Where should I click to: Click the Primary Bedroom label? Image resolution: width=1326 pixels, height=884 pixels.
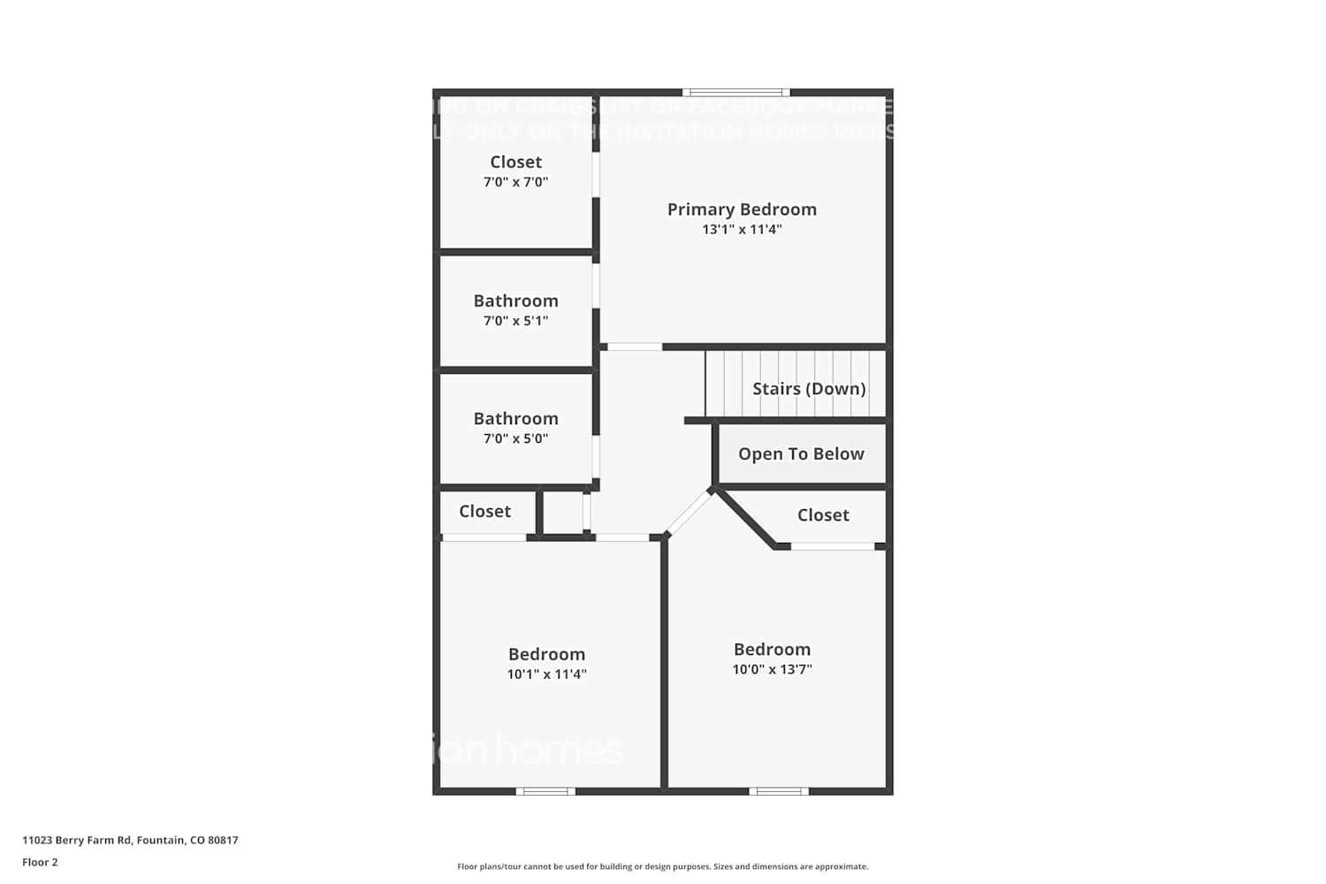click(x=742, y=210)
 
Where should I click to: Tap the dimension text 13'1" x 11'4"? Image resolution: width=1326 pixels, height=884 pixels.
click(x=742, y=230)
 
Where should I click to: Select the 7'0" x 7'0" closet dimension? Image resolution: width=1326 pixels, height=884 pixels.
click(x=515, y=182)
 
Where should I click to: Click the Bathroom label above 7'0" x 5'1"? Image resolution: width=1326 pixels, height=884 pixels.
click(x=515, y=301)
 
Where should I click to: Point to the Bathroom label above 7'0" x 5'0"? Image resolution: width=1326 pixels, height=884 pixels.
click(x=515, y=418)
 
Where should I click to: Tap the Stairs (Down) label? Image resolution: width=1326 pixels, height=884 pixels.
click(x=809, y=389)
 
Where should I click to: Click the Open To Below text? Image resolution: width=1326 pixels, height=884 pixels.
click(x=801, y=453)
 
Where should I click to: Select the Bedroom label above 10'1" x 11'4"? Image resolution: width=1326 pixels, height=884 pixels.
click(x=546, y=654)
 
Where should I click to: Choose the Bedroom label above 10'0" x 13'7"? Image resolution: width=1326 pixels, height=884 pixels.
click(x=772, y=649)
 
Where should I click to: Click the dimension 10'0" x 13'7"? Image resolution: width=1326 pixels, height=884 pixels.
click(x=772, y=669)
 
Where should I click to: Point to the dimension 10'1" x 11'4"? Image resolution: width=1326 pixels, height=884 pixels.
click(x=546, y=674)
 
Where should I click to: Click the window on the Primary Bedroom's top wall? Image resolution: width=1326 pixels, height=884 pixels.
click(x=735, y=92)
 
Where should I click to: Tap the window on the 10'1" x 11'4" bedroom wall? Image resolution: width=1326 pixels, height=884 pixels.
click(x=545, y=791)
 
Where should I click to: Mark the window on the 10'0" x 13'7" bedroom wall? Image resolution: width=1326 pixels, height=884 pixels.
click(x=778, y=791)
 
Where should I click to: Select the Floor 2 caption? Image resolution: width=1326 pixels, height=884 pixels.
click(x=40, y=862)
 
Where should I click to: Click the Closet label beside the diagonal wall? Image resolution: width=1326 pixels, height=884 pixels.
click(x=823, y=515)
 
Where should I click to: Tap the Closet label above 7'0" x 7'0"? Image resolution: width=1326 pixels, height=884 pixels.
click(x=515, y=162)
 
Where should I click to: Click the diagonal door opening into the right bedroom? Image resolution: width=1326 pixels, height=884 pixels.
click(x=689, y=513)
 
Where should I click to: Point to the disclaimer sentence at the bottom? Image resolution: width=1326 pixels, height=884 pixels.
click(x=662, y=867)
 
